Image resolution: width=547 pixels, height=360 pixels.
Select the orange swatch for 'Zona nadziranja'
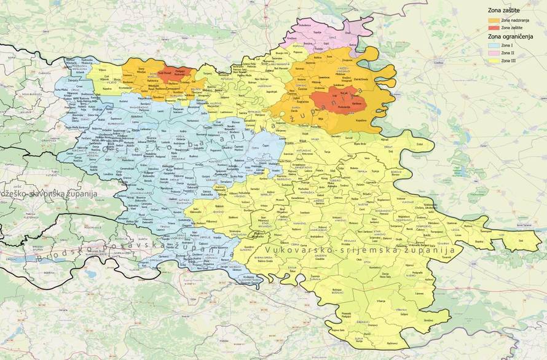click(494, 21)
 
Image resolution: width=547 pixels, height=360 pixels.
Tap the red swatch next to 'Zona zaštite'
click(494, 28)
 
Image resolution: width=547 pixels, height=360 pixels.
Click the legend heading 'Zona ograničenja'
click(509, 36)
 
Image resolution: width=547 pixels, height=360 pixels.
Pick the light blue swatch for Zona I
click(494, 46)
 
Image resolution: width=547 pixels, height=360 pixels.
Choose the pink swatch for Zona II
click(494, 53)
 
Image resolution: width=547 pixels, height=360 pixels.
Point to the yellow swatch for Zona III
click(494, 61)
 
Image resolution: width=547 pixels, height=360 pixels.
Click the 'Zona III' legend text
click(508, 61)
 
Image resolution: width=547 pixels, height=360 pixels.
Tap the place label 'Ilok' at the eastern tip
click(521, 241)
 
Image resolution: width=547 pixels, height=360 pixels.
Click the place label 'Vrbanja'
click(381, 300)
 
